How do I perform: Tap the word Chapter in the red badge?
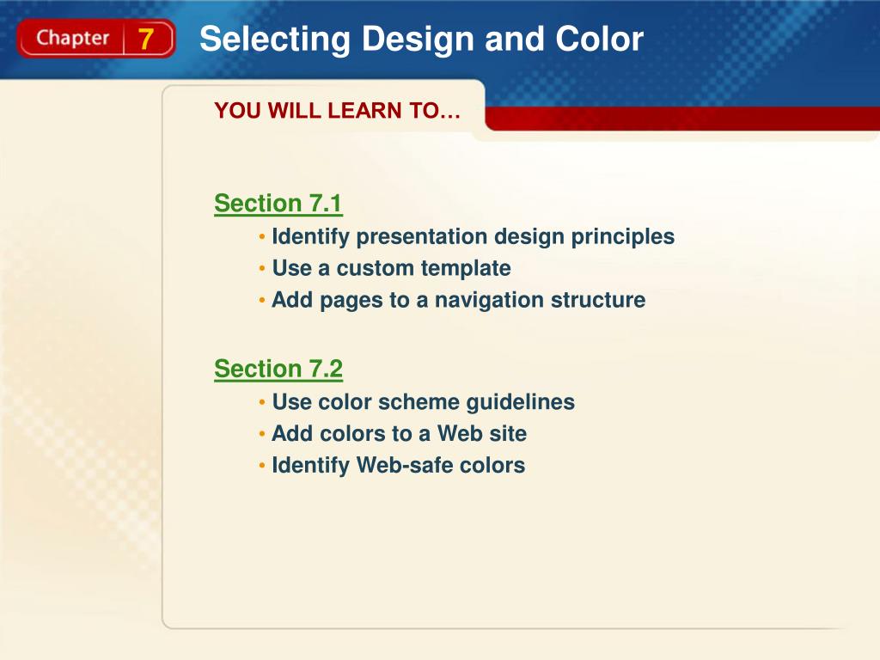point(73,39)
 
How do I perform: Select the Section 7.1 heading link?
point(278,204)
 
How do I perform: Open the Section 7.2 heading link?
point(278,370)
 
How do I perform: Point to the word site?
point(507,434)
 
